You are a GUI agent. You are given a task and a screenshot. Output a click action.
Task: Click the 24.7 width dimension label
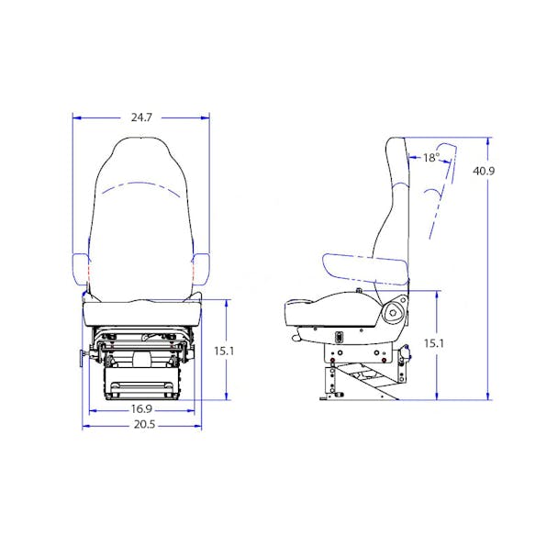141,117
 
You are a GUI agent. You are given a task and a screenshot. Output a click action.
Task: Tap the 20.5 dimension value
141,425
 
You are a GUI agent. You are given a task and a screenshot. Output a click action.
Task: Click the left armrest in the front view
80,267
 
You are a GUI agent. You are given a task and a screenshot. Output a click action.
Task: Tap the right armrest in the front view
201,267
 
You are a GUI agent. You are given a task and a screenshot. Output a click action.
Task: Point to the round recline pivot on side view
395,312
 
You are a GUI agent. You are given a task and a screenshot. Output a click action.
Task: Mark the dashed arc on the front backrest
140,188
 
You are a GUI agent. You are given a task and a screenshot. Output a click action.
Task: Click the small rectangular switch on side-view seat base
339,336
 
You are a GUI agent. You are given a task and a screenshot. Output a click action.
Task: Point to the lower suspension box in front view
141,384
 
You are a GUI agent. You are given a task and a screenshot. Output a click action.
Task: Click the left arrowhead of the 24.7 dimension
75,117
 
